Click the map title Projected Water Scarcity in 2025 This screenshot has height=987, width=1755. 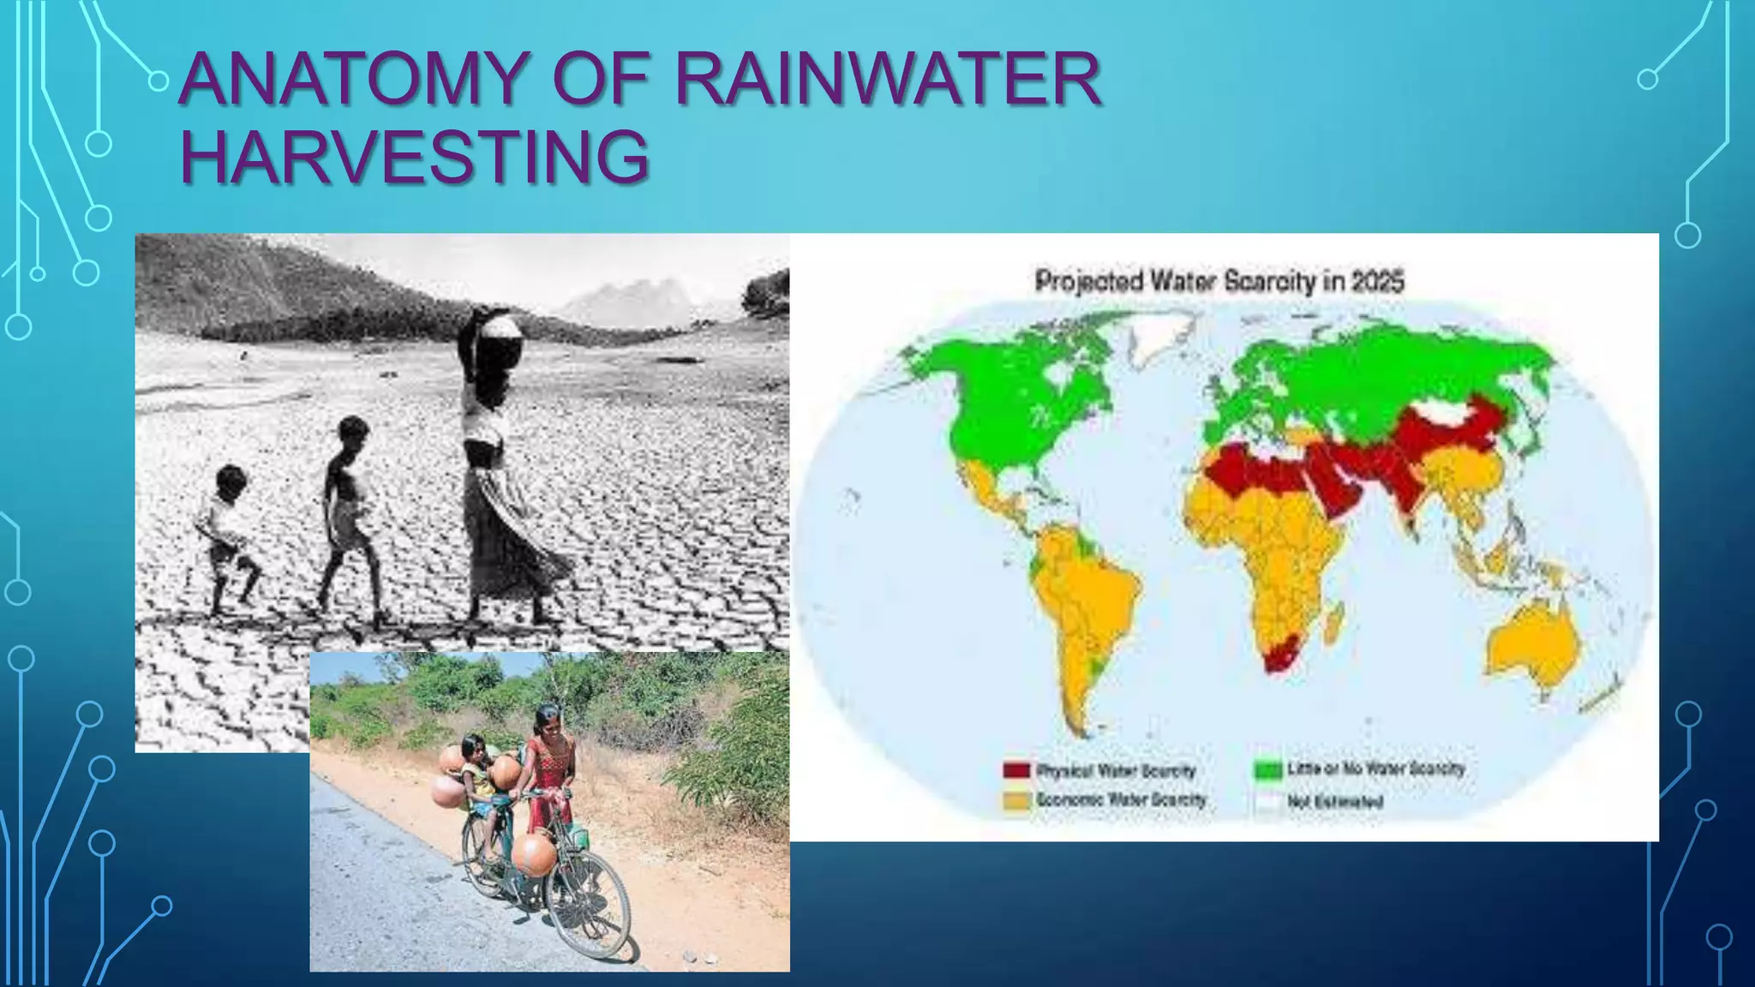(x=1219, y=281)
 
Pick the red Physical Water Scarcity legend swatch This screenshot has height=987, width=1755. (x=1016, y=769)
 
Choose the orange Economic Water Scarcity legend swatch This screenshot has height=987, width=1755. (x=1016, y=801)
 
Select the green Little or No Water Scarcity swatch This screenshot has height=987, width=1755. (x=1267, y=769)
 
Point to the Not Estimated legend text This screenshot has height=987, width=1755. (x=1334, y=803)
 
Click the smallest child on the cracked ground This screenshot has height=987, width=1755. (x=227, y=535)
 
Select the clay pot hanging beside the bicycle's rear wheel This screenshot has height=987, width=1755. (x=533, y=852)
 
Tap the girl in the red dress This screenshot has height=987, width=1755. (x=548, y=771)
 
